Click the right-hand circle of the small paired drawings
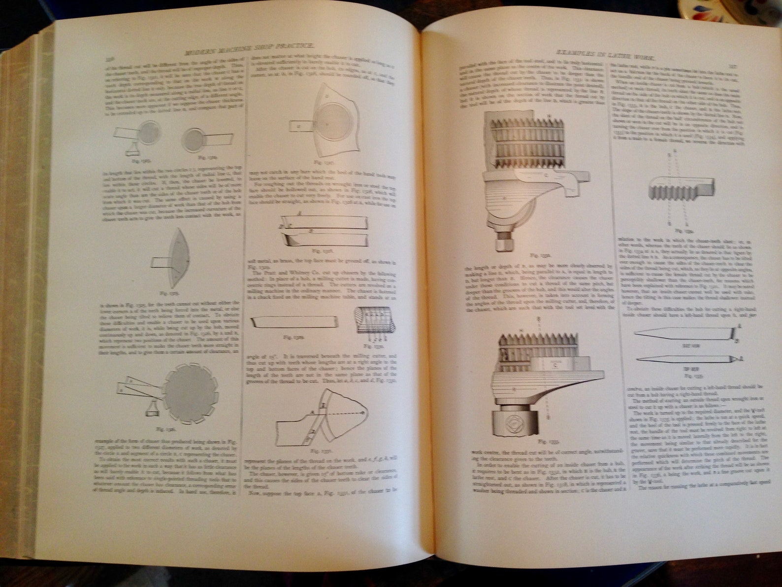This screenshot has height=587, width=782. (x=194, y=138)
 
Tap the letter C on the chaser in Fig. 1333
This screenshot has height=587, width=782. (x=555, y=366)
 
